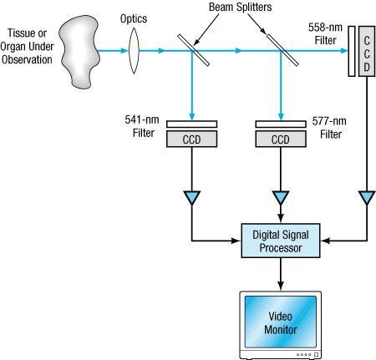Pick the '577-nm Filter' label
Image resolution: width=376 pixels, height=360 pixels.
click(x=332, y=127)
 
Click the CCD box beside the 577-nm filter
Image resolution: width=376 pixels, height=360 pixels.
click(x=280, y=139)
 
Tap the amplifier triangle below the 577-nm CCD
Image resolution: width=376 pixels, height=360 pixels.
click(x=280, y=199)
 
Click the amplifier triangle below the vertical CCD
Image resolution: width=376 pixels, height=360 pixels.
click(x=366, y=199)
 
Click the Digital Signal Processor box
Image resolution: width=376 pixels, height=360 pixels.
click(x=281, y=241)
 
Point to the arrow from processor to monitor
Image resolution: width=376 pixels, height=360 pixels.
click(x=281, y=273)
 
